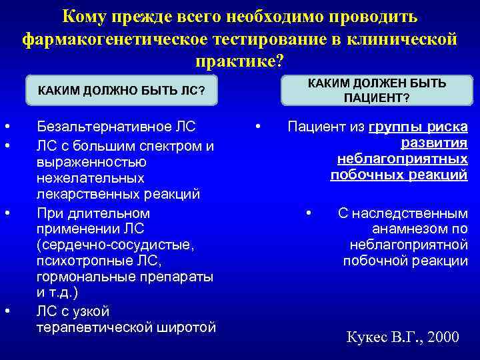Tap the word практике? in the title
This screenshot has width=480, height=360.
239,61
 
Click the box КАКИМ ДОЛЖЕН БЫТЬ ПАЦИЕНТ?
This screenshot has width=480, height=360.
377,90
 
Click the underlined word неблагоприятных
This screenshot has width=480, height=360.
402,159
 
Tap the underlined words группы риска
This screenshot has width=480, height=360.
418,127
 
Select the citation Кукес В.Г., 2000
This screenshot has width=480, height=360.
403,337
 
